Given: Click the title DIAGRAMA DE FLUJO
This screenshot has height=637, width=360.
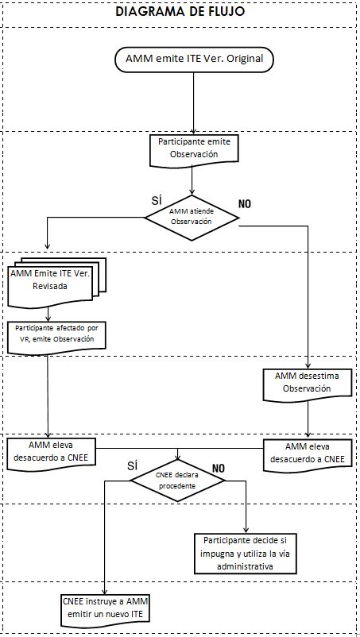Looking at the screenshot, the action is (x=180, y=11).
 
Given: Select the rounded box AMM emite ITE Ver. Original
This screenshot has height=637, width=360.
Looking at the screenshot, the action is (x=194, y=59).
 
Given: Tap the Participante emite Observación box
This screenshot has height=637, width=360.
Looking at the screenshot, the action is (x=193, y=151).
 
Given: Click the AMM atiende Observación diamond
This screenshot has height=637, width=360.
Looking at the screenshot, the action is (x=192, y=218).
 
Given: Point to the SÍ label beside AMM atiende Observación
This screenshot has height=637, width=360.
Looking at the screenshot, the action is (x=157, y=200).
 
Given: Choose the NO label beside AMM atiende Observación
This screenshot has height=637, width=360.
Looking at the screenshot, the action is (x=244, y=204).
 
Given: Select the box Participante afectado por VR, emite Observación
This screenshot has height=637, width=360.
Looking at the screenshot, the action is (x=57, y=335).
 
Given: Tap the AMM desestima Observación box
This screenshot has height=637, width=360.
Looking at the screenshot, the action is (x=307, y=384).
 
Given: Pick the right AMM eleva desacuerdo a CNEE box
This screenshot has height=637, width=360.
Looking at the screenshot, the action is (x=307, y=454).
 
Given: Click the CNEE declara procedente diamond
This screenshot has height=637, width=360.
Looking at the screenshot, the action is (x=177, y=481).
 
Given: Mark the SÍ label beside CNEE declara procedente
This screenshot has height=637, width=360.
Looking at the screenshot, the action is (x=133, y=465).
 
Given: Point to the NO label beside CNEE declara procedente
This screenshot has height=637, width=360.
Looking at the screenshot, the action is (x=219, y=468).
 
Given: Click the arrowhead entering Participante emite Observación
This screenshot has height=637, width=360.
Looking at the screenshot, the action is (x=193, y=131).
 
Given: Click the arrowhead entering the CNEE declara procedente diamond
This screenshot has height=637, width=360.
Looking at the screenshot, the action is (x=177, y=456).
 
